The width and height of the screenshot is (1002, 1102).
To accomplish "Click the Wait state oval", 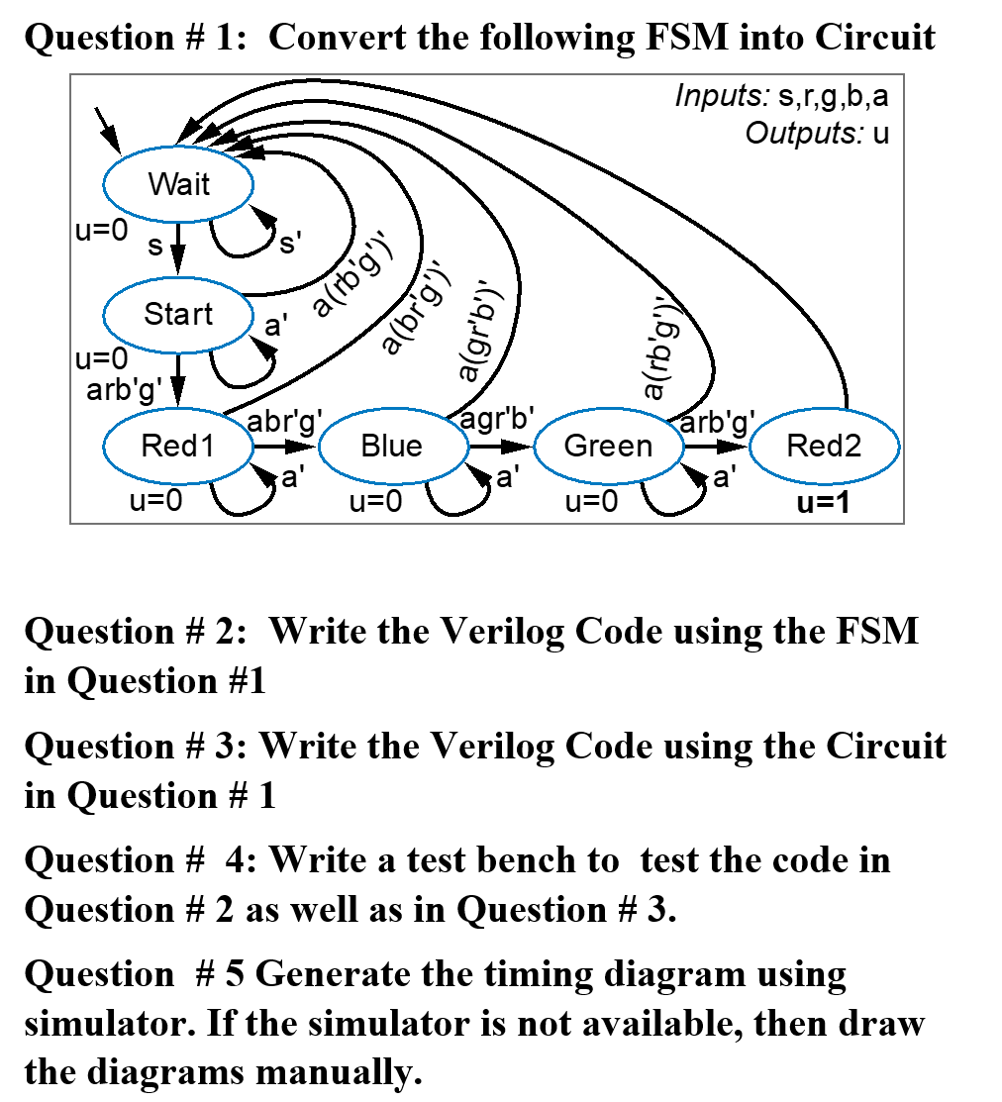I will [x=179, y=184].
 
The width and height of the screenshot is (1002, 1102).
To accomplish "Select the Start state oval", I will [x=178, y=314].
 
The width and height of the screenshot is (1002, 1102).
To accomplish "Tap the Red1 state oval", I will [x=177, y=446].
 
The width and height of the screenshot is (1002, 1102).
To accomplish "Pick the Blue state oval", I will [x=392, y=446].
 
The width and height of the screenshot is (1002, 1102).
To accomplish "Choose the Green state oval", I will [x=608, y=446].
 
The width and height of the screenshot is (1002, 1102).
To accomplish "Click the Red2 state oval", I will [x=824, y=446].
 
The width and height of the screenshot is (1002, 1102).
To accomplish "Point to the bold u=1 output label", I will [x=824, y=503].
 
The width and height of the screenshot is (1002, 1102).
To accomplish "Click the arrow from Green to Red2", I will [x=717, y=446].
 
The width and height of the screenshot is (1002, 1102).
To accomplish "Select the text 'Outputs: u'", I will [x=817, y=132].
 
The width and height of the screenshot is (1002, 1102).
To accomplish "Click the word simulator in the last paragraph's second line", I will [x=100, y=1023].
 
